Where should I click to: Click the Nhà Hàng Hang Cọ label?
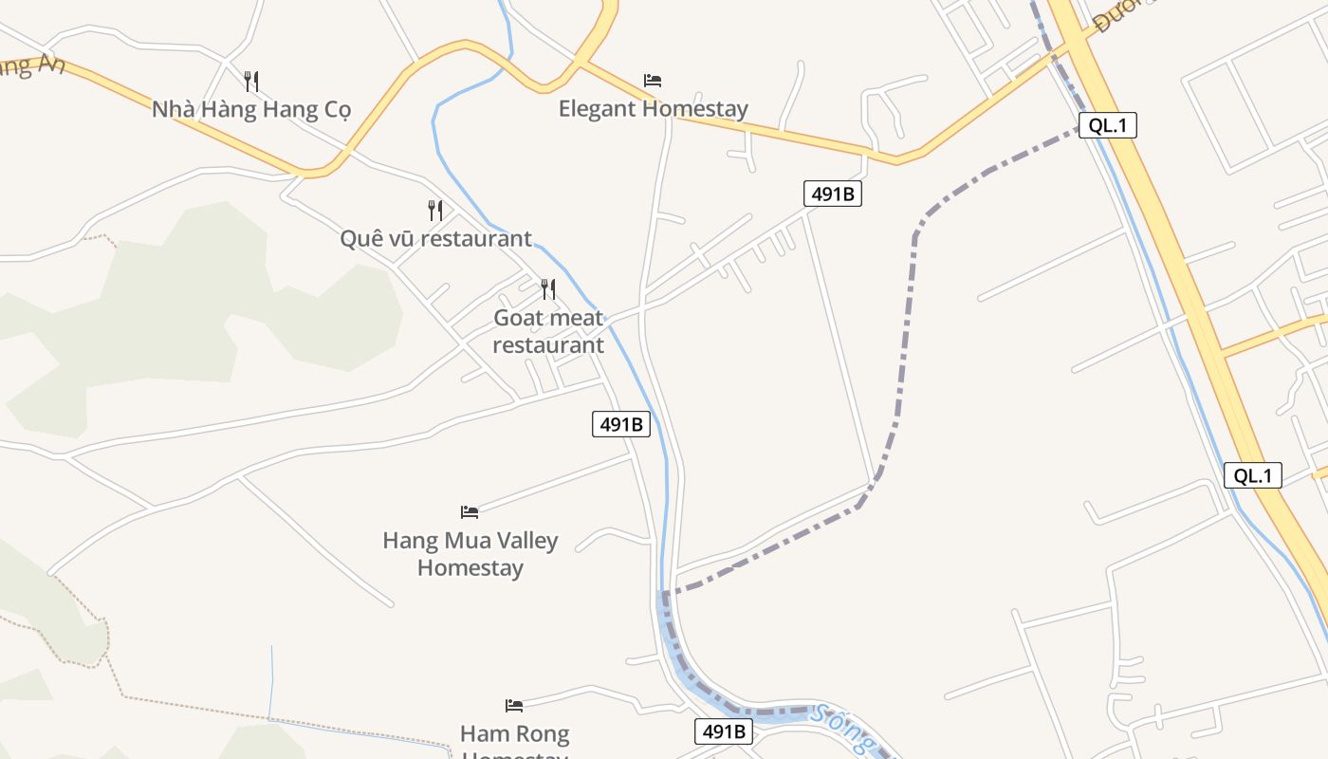pyautogui.click(x=251, y=109)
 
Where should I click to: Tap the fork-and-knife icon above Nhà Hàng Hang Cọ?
pyautogui.click(x=251, y=81)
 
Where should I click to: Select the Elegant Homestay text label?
pyautogui.click(x=653, y=108)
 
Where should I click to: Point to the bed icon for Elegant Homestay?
pyautogui.click(x=653, y=81)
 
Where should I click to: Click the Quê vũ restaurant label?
pyautogui.click(x=435, y=238)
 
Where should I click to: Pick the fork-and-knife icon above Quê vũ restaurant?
pyautogui.click(x=435, y=210)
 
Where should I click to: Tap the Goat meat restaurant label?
pyautogui.click(x=548, y=331)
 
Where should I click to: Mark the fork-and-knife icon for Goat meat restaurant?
pyautogui.click(x=548, y=288)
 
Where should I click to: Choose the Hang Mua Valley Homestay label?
pyautogui.click(x=470, y=554)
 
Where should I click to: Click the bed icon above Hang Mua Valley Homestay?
pyautogui.click(x=470, y=512)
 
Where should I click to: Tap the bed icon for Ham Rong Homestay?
pyautogui.click(x=514, y=706)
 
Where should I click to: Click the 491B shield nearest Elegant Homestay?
pyautogui.click(x=833, y=194)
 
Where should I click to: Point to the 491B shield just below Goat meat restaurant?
pyautogui.click(x=621, y=424)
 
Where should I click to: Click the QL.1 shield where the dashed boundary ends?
pyautogui.click(x=1107, y=125)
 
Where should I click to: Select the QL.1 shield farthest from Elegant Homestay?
pyautogui.click(x=1253, y=475)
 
